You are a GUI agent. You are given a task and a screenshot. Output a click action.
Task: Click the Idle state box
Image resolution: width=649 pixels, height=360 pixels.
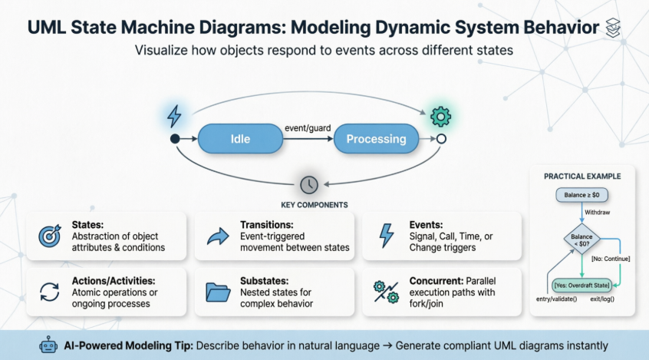(240, 139)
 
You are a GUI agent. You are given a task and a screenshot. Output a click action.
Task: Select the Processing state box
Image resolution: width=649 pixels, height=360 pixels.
(376, 139)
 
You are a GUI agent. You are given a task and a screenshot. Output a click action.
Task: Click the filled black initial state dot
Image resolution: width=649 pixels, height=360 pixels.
(175, 139)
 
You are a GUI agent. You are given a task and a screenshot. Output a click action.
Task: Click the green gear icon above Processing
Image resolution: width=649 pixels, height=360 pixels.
(440, 117)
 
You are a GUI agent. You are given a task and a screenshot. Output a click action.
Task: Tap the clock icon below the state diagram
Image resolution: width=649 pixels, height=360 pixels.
(308, 184)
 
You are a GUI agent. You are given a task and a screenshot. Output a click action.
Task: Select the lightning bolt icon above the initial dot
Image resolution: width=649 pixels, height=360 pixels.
(175, 116)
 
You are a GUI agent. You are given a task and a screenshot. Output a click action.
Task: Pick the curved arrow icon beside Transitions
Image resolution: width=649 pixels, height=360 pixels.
(219, 236)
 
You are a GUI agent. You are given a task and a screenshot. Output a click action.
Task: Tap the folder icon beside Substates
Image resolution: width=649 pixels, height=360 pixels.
(219, 291)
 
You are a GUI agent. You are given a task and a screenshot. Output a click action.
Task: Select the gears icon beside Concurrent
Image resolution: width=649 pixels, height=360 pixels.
(385, 291)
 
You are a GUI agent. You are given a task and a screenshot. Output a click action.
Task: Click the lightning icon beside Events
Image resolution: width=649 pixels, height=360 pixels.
(386, 236)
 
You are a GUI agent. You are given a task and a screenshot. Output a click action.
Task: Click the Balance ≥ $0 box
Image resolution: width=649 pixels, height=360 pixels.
(582, 195)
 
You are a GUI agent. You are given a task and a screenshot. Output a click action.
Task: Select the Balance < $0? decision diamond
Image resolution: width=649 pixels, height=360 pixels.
(581, 241)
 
